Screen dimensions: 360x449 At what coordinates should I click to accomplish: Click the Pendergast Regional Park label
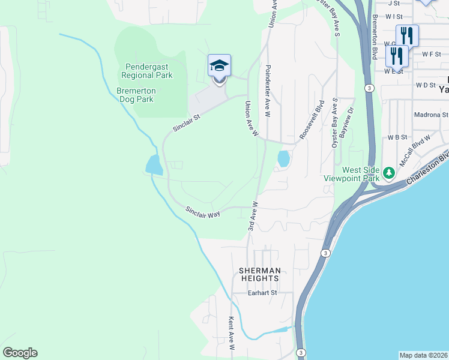pyautogui.click(x=147, y=71)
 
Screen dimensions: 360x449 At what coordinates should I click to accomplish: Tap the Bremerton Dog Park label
pyautogui.click(x=136, y=95)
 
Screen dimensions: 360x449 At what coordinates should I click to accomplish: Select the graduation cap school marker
pyautogui.click(x=219, y=66)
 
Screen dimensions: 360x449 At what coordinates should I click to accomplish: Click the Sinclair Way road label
pyautogui.click(x=203, y=212)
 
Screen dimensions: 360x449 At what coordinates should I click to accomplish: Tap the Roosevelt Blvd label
pyautogui.click(x=312, y=120)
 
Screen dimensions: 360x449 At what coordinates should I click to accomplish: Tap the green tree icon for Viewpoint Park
pyautogui.click(x=388, y=173)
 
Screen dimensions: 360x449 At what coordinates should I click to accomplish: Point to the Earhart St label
pyautogui.click(x=262, y=293)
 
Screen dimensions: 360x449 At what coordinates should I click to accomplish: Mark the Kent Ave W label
pyautogui.click(x=231, y=334)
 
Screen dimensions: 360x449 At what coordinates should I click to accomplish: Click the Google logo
pyautogui.click(x=20, y=353)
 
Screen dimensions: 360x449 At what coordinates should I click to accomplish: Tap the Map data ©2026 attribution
pyautogui.click(x=423, y=355)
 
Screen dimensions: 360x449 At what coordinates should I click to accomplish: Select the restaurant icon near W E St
pyautogui.click(x=397, y=56)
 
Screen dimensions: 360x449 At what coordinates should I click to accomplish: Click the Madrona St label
pyautogui.click(x=430, y=115)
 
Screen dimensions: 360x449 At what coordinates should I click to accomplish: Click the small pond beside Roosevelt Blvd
pyautogui.click(x=283, y=159)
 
